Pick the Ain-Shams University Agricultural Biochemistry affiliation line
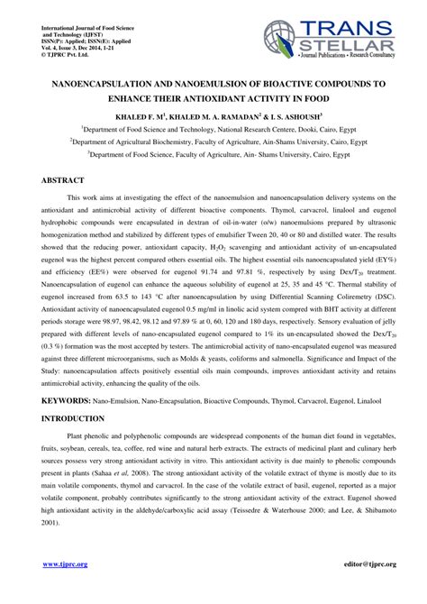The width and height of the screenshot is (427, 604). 213,142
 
